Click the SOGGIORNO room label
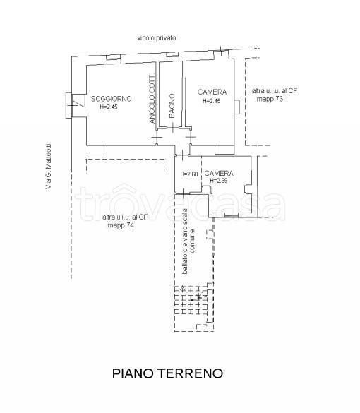(x=111, y=99)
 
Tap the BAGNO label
(x=172, y=106)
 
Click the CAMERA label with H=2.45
(x=212, y=92)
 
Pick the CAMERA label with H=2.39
(x=219, y=173)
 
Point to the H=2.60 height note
(x=188, y=174)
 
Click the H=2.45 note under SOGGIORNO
(x=109, y=107)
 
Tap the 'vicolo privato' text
(x=157, y=38)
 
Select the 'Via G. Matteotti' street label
(x=49, y=167)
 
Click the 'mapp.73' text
(x=270, y=99)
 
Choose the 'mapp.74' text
(x=121, y=225)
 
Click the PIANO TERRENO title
(x=167, y=373)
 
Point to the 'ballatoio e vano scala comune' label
(x=188, y=241)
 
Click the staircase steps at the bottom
(x=191, y=300)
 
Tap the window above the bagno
(x=172, y=56)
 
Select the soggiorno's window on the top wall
(x=114, y=59)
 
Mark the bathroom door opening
(x=173, y=128)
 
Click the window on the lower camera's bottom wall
(x=232, y=216)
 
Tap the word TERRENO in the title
(x=191, y=373)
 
